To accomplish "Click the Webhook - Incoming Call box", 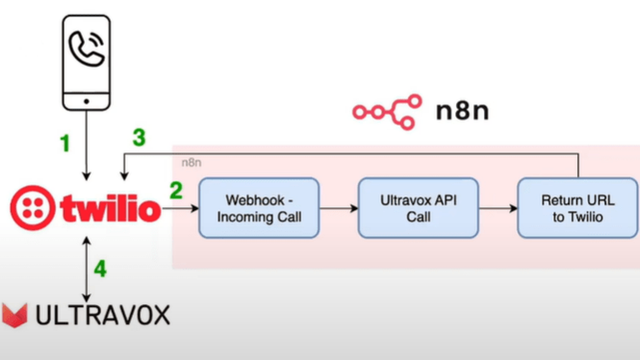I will pyautogui.click(x=259, y=208).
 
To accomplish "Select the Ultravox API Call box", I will pyautogui.click(x=419, y=208).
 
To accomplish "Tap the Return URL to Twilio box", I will pyautogui.click(x=578, y=208).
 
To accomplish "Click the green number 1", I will pyautogui.click(x=65, y=143).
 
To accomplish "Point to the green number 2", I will pyautogui.click(x=177, y=190).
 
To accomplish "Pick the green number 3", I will pyautogui.click(x=139, y=138).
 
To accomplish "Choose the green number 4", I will pyautogui.click(x=100, y=268).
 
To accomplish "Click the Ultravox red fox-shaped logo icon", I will pyautogui.click(x=14, y=315).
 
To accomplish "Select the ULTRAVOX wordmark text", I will pyautogui.click(x=102, y=315).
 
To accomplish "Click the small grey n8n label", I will pyautogui.click(x=191, y=163).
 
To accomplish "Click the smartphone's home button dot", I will pyautogui.click(x=86, y=100).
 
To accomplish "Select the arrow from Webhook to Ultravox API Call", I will pyautogui.click(x=339, y=208).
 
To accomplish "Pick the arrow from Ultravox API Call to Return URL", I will pyautogui.click(x=498, y=208).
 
